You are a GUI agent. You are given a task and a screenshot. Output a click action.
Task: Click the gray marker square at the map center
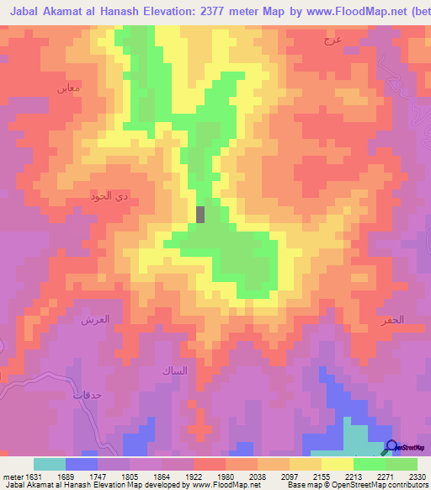(200, 214)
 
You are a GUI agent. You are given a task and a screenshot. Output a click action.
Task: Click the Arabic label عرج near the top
(332, 40)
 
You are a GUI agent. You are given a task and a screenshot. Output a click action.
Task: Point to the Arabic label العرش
(92, 320)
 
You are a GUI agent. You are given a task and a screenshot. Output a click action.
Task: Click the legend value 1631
(33, 476)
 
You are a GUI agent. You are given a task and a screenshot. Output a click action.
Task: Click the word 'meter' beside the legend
(11, 476)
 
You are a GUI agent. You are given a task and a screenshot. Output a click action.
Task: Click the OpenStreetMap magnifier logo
(391, 447)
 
